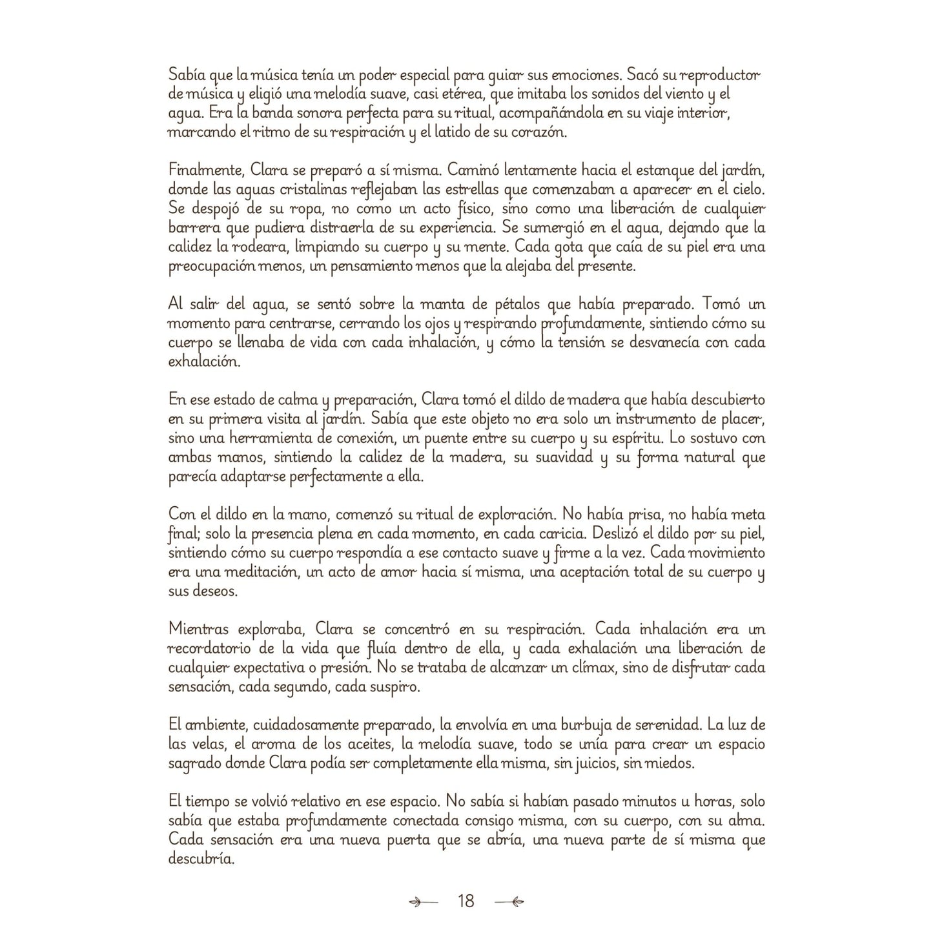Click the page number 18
click(x=466, y=901)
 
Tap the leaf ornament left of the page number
click(x=424, y=901)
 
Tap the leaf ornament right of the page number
click(x=509, y=901)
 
